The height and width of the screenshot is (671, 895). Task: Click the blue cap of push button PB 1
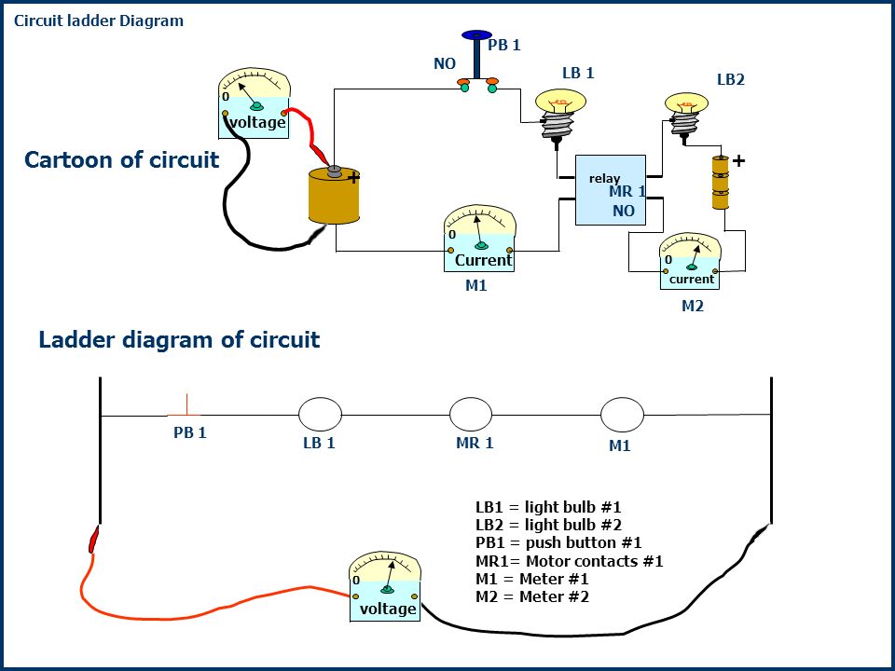click(x=476, y=35)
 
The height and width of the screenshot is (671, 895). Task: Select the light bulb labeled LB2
click(x=686, y=114)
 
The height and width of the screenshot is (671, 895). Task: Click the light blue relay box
click(x=610, y=190)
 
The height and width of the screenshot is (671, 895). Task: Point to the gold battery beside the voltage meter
click(x=335, y=195)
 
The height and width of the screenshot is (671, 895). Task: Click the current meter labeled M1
click(x=479, y=239)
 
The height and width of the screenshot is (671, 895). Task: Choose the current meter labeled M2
click(x=690, y=261)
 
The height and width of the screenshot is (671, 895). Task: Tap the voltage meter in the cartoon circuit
click(x=255, y=103)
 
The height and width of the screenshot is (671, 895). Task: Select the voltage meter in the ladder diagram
click(x=385, y=586)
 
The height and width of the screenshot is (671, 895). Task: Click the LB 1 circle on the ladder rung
click(x=320, y=414)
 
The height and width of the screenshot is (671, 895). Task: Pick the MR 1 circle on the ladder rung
click(x=471, y=414)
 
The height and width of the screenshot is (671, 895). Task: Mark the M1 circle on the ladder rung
click(x=622, y=415)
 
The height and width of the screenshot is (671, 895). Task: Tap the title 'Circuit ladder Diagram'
click(x=99, y=21)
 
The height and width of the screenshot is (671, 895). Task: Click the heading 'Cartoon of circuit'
click(x=121, y=159)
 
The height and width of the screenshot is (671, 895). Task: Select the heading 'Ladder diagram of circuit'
click(x=179, y=339)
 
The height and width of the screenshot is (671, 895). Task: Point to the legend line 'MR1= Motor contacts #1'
click(x=570, y=561)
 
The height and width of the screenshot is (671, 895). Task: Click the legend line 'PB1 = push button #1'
click(x=558, y=542)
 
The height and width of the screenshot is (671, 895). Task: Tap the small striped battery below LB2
click(x=721, y=183)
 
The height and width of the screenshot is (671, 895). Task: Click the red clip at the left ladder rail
click(x=94, y=540)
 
